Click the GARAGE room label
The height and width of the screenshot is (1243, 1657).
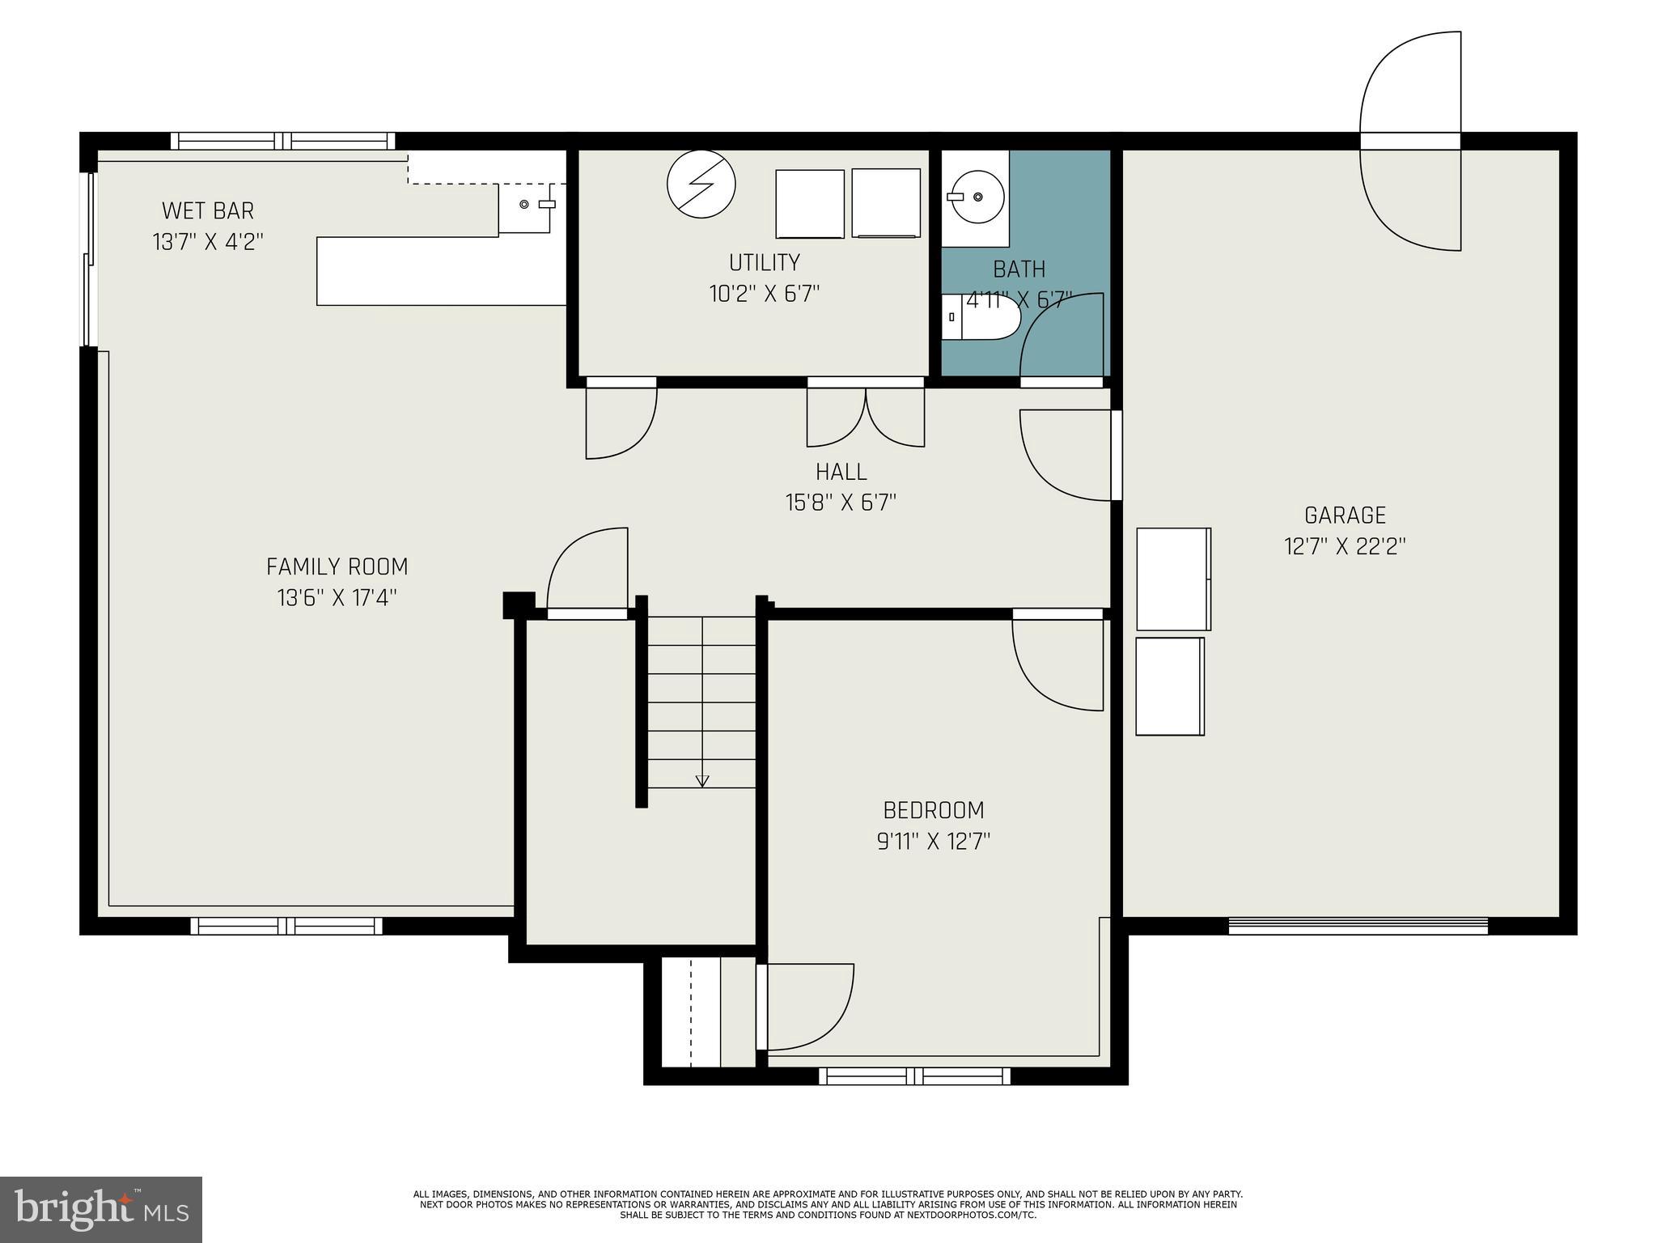[1345, 515]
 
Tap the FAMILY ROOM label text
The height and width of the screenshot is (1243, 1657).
[337, 566]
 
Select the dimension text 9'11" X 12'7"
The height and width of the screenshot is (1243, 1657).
[934, 842]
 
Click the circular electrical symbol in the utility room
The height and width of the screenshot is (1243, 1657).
[701, 184]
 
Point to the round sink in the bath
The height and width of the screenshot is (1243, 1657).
[977, 197]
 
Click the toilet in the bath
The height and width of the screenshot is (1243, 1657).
[979, 318]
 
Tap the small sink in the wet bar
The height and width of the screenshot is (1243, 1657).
[524, 205]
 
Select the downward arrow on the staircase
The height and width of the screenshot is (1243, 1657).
[702, 781]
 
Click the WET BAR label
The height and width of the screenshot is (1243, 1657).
[208, 211]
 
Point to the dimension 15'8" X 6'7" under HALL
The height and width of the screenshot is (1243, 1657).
[841, 503]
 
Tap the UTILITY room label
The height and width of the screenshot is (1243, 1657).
[765, 263]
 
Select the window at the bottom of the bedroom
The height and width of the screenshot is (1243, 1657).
[914, 1075]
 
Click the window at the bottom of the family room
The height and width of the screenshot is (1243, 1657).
[286, 925]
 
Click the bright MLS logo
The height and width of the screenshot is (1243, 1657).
[101, 1210]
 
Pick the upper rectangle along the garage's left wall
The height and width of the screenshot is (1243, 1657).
[1173, 579]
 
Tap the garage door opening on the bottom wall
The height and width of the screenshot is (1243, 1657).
[1358, 925]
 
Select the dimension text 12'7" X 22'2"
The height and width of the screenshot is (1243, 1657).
[1345, 547]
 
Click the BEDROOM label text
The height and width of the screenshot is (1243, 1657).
[933, 810]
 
